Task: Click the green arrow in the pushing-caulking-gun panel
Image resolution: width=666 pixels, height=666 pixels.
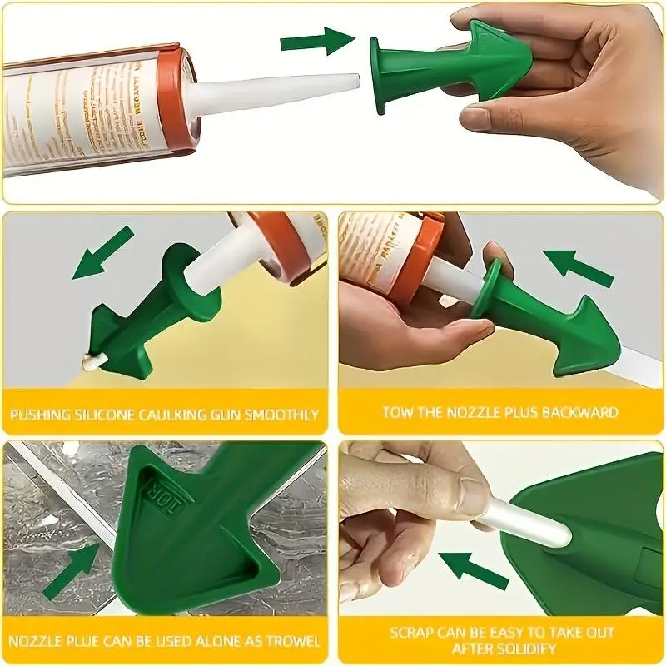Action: click(x=102, y=252)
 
